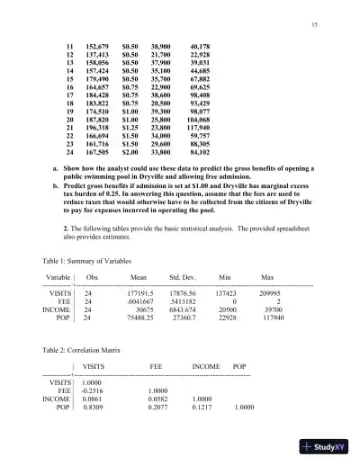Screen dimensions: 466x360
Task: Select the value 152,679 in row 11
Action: pyautogui.click(x=96, y=44)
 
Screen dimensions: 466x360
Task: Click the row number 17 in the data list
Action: pyautogui.click(x=73, y=94)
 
